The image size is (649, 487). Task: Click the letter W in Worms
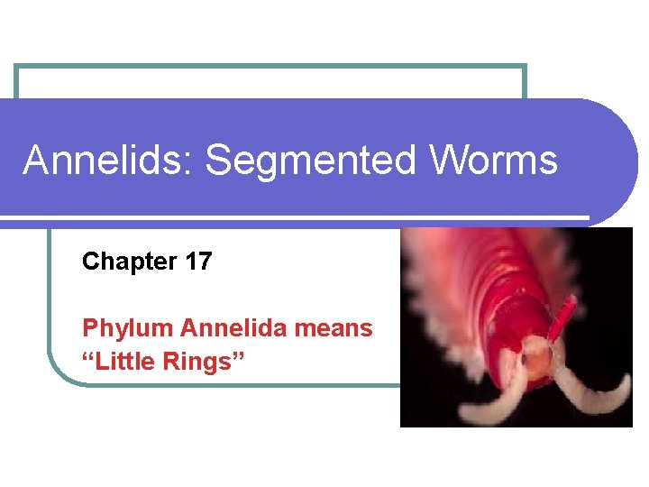[x=450, y=161]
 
